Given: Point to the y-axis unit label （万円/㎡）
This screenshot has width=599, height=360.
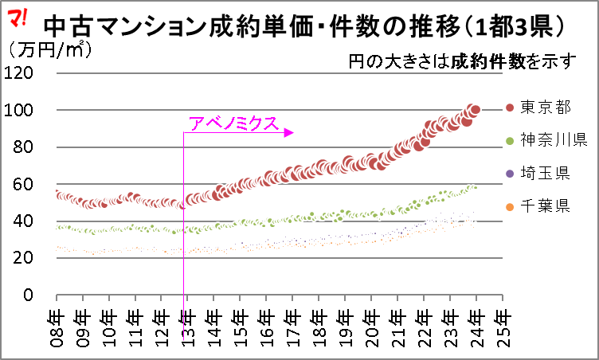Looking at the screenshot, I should coord(49,49).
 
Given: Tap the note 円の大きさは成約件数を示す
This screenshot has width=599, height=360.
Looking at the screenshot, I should coord(462,61).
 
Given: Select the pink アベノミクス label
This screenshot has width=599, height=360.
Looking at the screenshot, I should coord(233,123).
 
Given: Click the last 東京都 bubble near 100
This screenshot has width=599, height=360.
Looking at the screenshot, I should coord(476,110).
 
